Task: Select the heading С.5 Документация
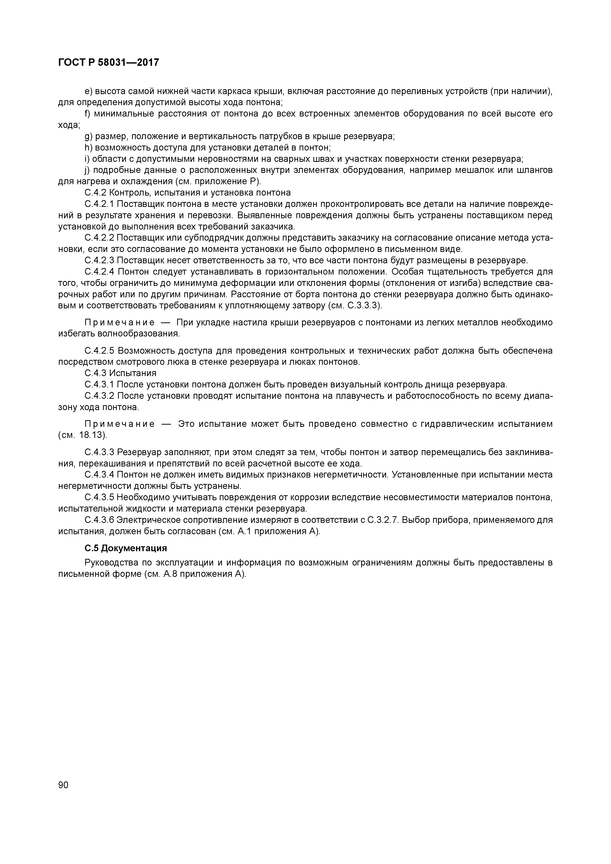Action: (x=125, y=548)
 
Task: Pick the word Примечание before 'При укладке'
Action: (x=119, y=322)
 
